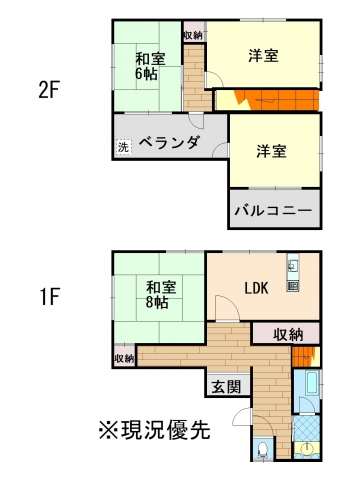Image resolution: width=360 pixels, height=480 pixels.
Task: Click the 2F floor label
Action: [x=49, y=91]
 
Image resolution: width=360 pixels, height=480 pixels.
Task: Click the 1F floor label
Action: [x=49, y=297]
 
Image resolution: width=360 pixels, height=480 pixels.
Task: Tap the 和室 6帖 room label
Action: [x=150, y=67]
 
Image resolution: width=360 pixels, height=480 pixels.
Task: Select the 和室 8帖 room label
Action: [x=161, y=295]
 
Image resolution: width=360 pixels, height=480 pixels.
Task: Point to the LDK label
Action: [x=257, y=288]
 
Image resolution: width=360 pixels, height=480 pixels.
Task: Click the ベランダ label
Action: [x=169, y=143]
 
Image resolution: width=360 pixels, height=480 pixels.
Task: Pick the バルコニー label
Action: [x=273, y=211]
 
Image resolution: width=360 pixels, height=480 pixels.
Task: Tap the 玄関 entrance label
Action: [x=227, y=387]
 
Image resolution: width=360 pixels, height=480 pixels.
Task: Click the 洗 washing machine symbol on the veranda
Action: [x=124, y=147]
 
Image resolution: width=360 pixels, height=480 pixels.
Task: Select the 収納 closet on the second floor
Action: [x=194, y=32]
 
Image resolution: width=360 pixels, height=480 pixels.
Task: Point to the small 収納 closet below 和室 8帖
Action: [x=124, y=356]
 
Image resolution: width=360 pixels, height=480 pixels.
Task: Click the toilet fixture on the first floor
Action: [x=263, y=450]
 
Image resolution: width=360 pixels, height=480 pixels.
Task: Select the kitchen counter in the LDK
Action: [x=293, y=272]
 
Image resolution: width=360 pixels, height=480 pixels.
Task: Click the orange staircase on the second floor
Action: [x=277, y=100]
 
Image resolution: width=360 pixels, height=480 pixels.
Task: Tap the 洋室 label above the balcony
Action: [x=271, y=152]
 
